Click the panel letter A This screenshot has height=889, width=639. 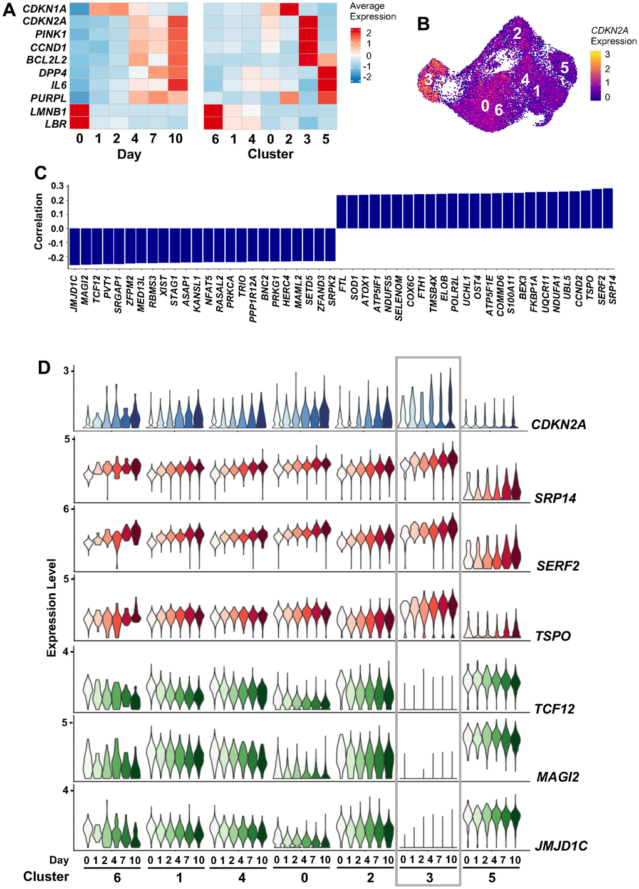point(10,11)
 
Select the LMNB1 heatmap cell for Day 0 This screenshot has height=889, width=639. point(79,111)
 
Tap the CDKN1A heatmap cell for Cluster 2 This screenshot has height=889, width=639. point(289,9)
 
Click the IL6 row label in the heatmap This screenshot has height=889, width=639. point(56,85)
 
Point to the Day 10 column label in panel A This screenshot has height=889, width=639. point(175,138)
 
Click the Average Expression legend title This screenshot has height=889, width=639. point(373,11)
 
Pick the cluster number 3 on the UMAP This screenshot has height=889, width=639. point(428,80)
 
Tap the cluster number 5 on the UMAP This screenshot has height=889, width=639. point(564,68)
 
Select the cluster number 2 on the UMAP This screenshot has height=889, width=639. point(517,33)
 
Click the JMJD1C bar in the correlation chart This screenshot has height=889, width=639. point(75,246)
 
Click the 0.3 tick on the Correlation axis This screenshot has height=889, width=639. point(58,186)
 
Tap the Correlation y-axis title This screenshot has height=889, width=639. point(39,221)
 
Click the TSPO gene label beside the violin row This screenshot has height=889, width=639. point(553,636)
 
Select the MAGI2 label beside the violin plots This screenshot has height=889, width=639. point(558,777)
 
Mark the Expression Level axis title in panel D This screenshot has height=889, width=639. point(52,608)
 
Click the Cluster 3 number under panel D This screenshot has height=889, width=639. point(429,878)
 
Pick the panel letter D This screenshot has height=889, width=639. point(44,367)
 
